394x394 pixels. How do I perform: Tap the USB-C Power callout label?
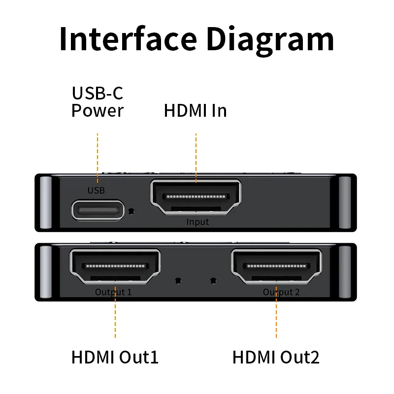click(97, 101)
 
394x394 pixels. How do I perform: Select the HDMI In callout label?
click(196, 110)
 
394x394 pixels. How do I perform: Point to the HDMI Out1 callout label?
click(115, 357)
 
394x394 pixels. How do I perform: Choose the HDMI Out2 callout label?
click(276, 357)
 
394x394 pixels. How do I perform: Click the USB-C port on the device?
click(98, 210)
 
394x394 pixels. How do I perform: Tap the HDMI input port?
click(196, 197)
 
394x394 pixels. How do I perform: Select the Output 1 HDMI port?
click(115, 267)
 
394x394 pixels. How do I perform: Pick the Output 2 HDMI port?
click(276, 267)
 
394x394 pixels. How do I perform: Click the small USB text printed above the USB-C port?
click(96, 190)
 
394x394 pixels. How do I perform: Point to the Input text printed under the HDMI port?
click(197, 222)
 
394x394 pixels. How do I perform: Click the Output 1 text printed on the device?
click(113, 292)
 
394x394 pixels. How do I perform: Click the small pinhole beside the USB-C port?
click(131, 211)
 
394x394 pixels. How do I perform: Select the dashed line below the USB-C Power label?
click(98, 153)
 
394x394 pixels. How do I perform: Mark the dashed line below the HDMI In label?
click(196, 153)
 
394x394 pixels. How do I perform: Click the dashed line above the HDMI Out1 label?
click(115, 315)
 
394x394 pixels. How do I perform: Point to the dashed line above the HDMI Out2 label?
click(276, 315)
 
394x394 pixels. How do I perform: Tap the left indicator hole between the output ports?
click(178, 281)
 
